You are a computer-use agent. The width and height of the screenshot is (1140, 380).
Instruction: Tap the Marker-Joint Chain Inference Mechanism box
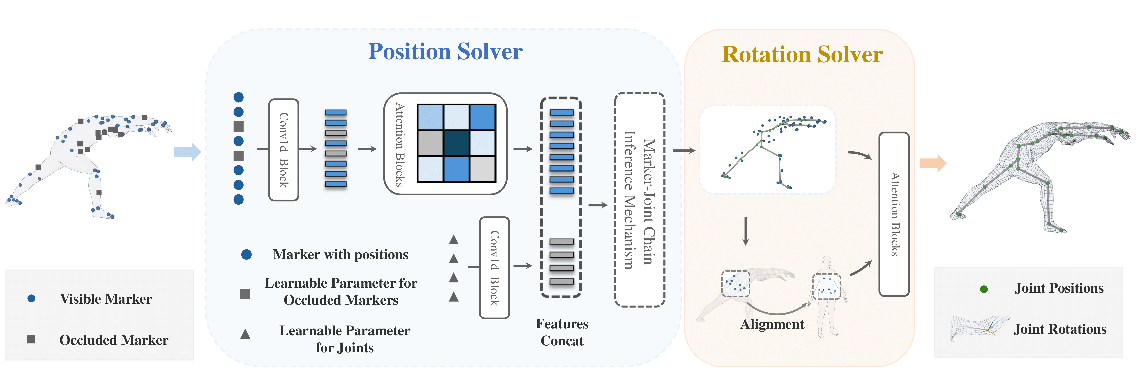coord(639,200)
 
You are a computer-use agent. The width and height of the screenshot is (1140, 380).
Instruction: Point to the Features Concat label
coord(562,332)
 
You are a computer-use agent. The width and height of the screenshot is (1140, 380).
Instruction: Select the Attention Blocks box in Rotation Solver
coord(894,214)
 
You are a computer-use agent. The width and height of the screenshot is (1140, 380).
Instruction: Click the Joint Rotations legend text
coord(1060,329)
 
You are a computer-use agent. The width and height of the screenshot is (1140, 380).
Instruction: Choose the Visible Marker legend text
coord(106,299)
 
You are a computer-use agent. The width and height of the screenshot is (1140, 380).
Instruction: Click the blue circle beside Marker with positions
coord(247,254)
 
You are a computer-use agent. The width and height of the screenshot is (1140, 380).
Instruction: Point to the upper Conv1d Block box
coord(284,150)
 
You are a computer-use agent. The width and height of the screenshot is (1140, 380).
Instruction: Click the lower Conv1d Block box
coord(494,268)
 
